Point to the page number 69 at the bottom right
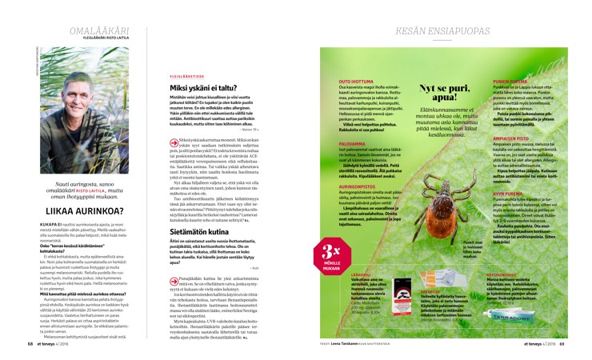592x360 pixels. coord(562,345)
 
